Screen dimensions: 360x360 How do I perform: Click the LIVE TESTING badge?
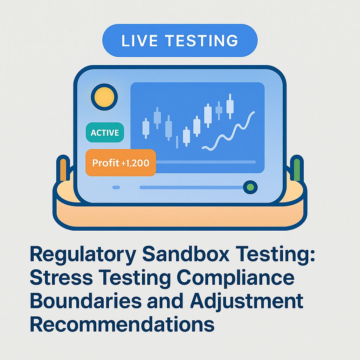tap(180, 40)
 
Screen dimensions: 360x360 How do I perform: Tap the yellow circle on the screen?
tap(104, 97)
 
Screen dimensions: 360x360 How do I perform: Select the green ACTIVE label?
tap(105, 133)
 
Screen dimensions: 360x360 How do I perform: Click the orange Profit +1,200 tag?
tap(121, 163)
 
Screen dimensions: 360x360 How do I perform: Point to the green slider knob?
tap(250, 187)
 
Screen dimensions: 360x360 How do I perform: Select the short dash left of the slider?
tap(116, 187)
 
